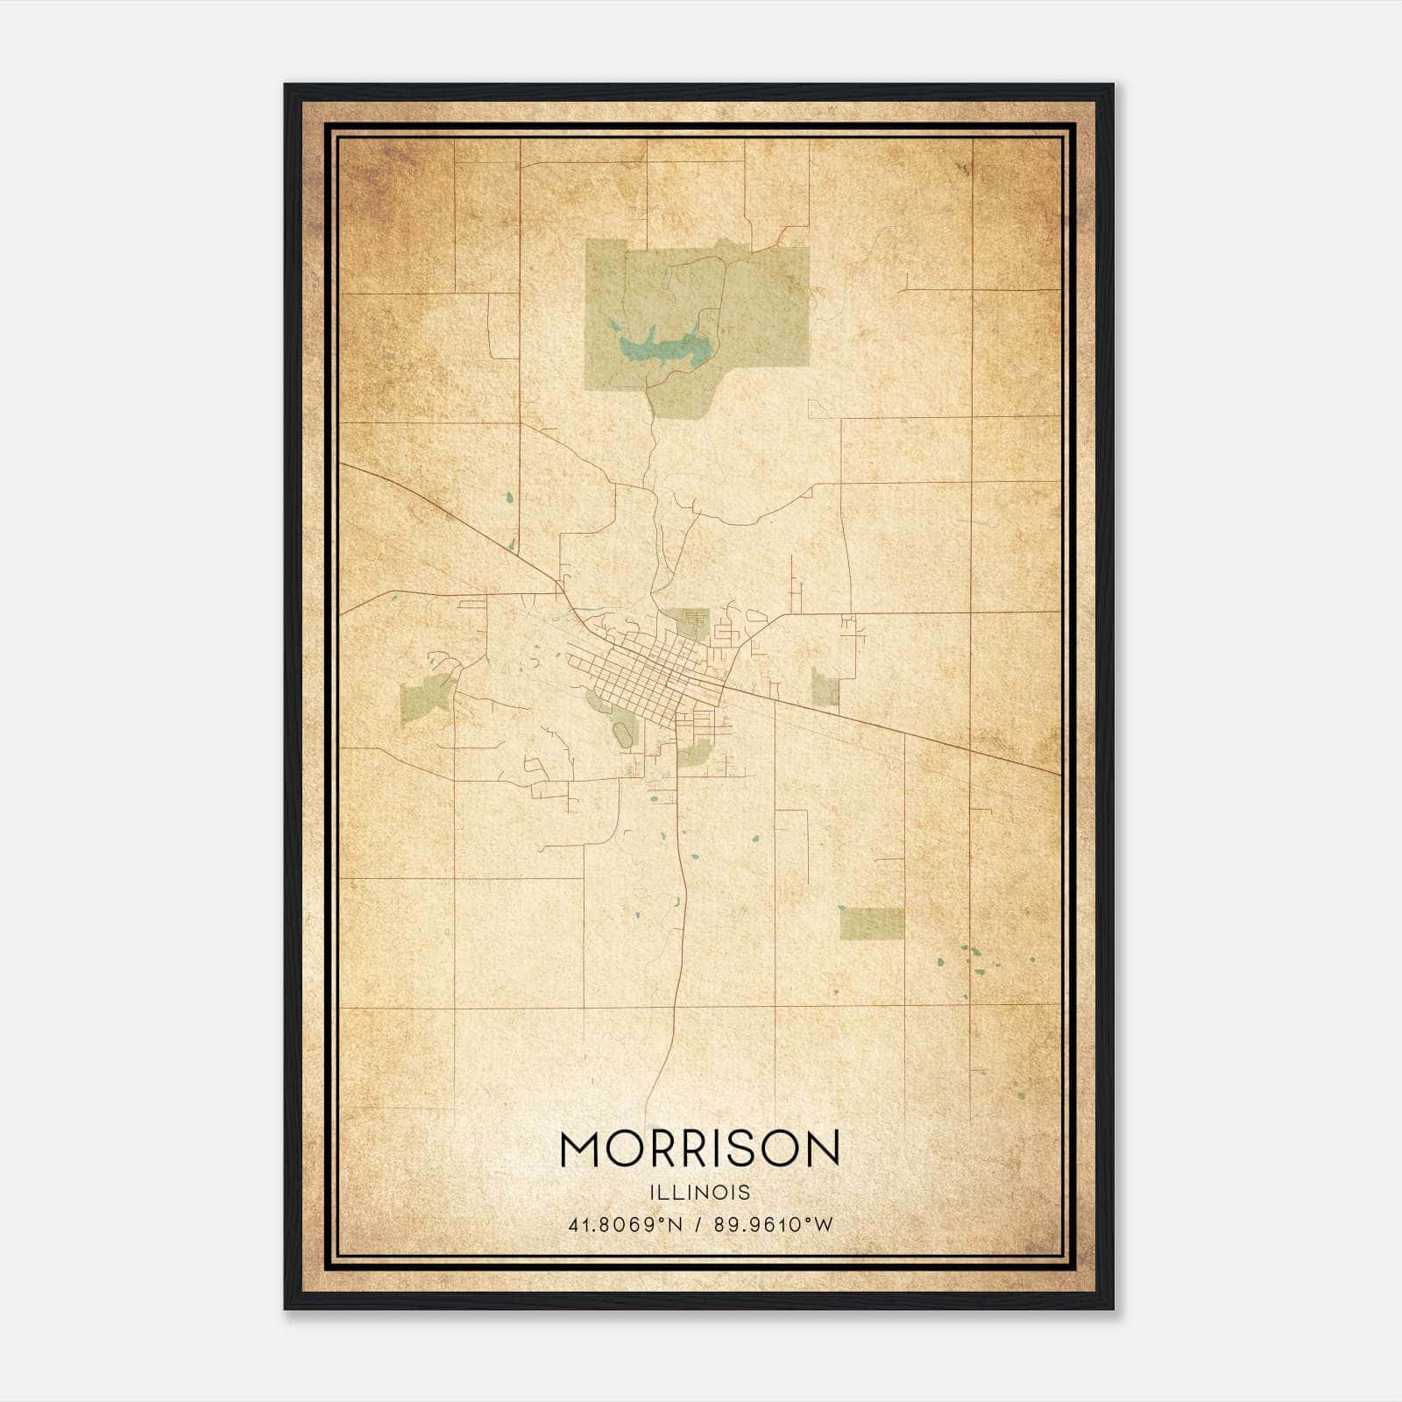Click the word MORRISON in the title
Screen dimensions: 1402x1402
pyautogui.click(x=699, y=1149)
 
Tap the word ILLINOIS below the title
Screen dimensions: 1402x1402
pyautogui.click(x=699, y=1193)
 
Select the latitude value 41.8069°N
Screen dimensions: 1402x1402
pyautogui.click(x=625, y=1224)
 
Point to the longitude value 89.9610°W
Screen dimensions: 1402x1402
pyautogui.click(x=774, y=1224)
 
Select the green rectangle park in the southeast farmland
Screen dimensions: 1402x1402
pyautogui.click(x=871, y=924)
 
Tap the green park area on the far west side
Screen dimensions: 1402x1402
pyautogui.click(x=424, y=699)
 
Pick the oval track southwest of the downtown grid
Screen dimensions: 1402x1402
pyautogui.click(x=623, y=734)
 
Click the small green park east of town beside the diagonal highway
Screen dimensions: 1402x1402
pyautogui.click(x=825, y=689)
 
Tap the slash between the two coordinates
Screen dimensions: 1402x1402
pyautogui.click(x=698, y=1224)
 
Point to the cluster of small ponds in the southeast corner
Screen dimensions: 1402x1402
pyautogui.click(x=973, y=964)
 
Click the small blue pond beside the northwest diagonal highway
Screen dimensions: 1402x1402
pyautogui.click(x=509, y=499)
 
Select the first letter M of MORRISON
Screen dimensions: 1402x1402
pyautogui.click(x=580, y=1149)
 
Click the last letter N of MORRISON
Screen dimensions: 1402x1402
pyautogui.click(x=822, y=1149)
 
